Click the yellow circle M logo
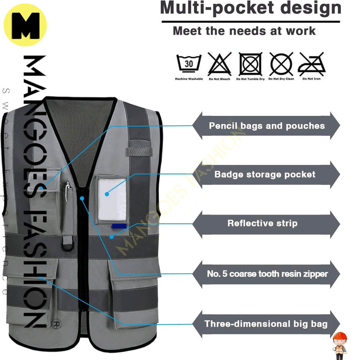tap(25, 25)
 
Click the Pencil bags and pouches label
tap(267, 126)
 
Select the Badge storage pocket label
tap(265, 174)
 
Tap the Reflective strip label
tap(262, 223)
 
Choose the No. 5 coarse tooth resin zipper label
tap(267, 274)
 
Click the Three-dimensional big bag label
tap(266, 324)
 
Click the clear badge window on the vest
tap(112, 198)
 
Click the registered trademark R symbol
tap(56, 323)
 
